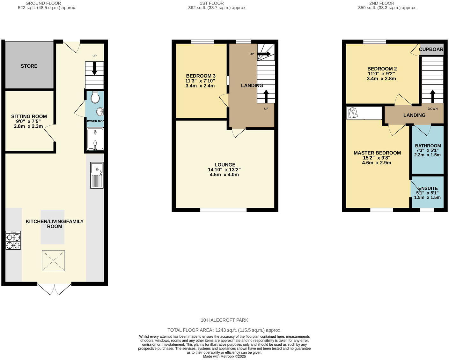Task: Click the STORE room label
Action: point(29,66)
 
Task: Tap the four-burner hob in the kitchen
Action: point(13,240)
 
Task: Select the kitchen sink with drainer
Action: point(97,175)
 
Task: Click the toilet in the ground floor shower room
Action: point(95,97)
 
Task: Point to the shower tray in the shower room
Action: point(95,139)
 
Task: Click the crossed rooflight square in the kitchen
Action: point(53,261)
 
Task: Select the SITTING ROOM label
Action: point(29,116)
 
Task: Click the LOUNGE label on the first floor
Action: point(225,165)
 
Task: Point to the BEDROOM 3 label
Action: point(201,76)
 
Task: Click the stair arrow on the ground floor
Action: point(94,69)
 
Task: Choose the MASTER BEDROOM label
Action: point(377,153)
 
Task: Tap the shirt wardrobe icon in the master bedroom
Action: point(353,113)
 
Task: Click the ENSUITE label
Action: point(428,188)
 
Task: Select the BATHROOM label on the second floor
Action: point(428,146)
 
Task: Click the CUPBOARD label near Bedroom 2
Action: point(431,49)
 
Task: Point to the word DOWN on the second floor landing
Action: point(432,109)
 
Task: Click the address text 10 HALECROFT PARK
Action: point(224,320)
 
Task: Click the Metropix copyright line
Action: point(224,356)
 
